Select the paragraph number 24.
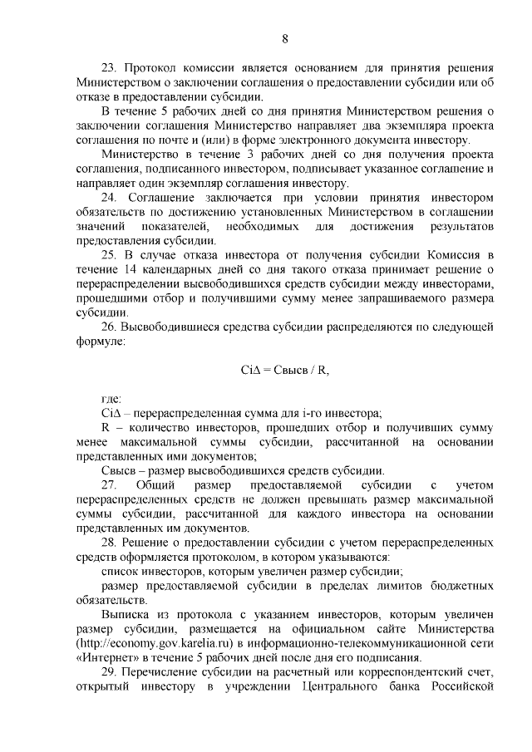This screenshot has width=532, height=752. (x=108, y=197)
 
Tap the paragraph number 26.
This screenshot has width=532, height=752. (x=108, y=327)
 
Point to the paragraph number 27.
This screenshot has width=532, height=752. (x=108, y=484)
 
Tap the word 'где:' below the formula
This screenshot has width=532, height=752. (x=111, y=399)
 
